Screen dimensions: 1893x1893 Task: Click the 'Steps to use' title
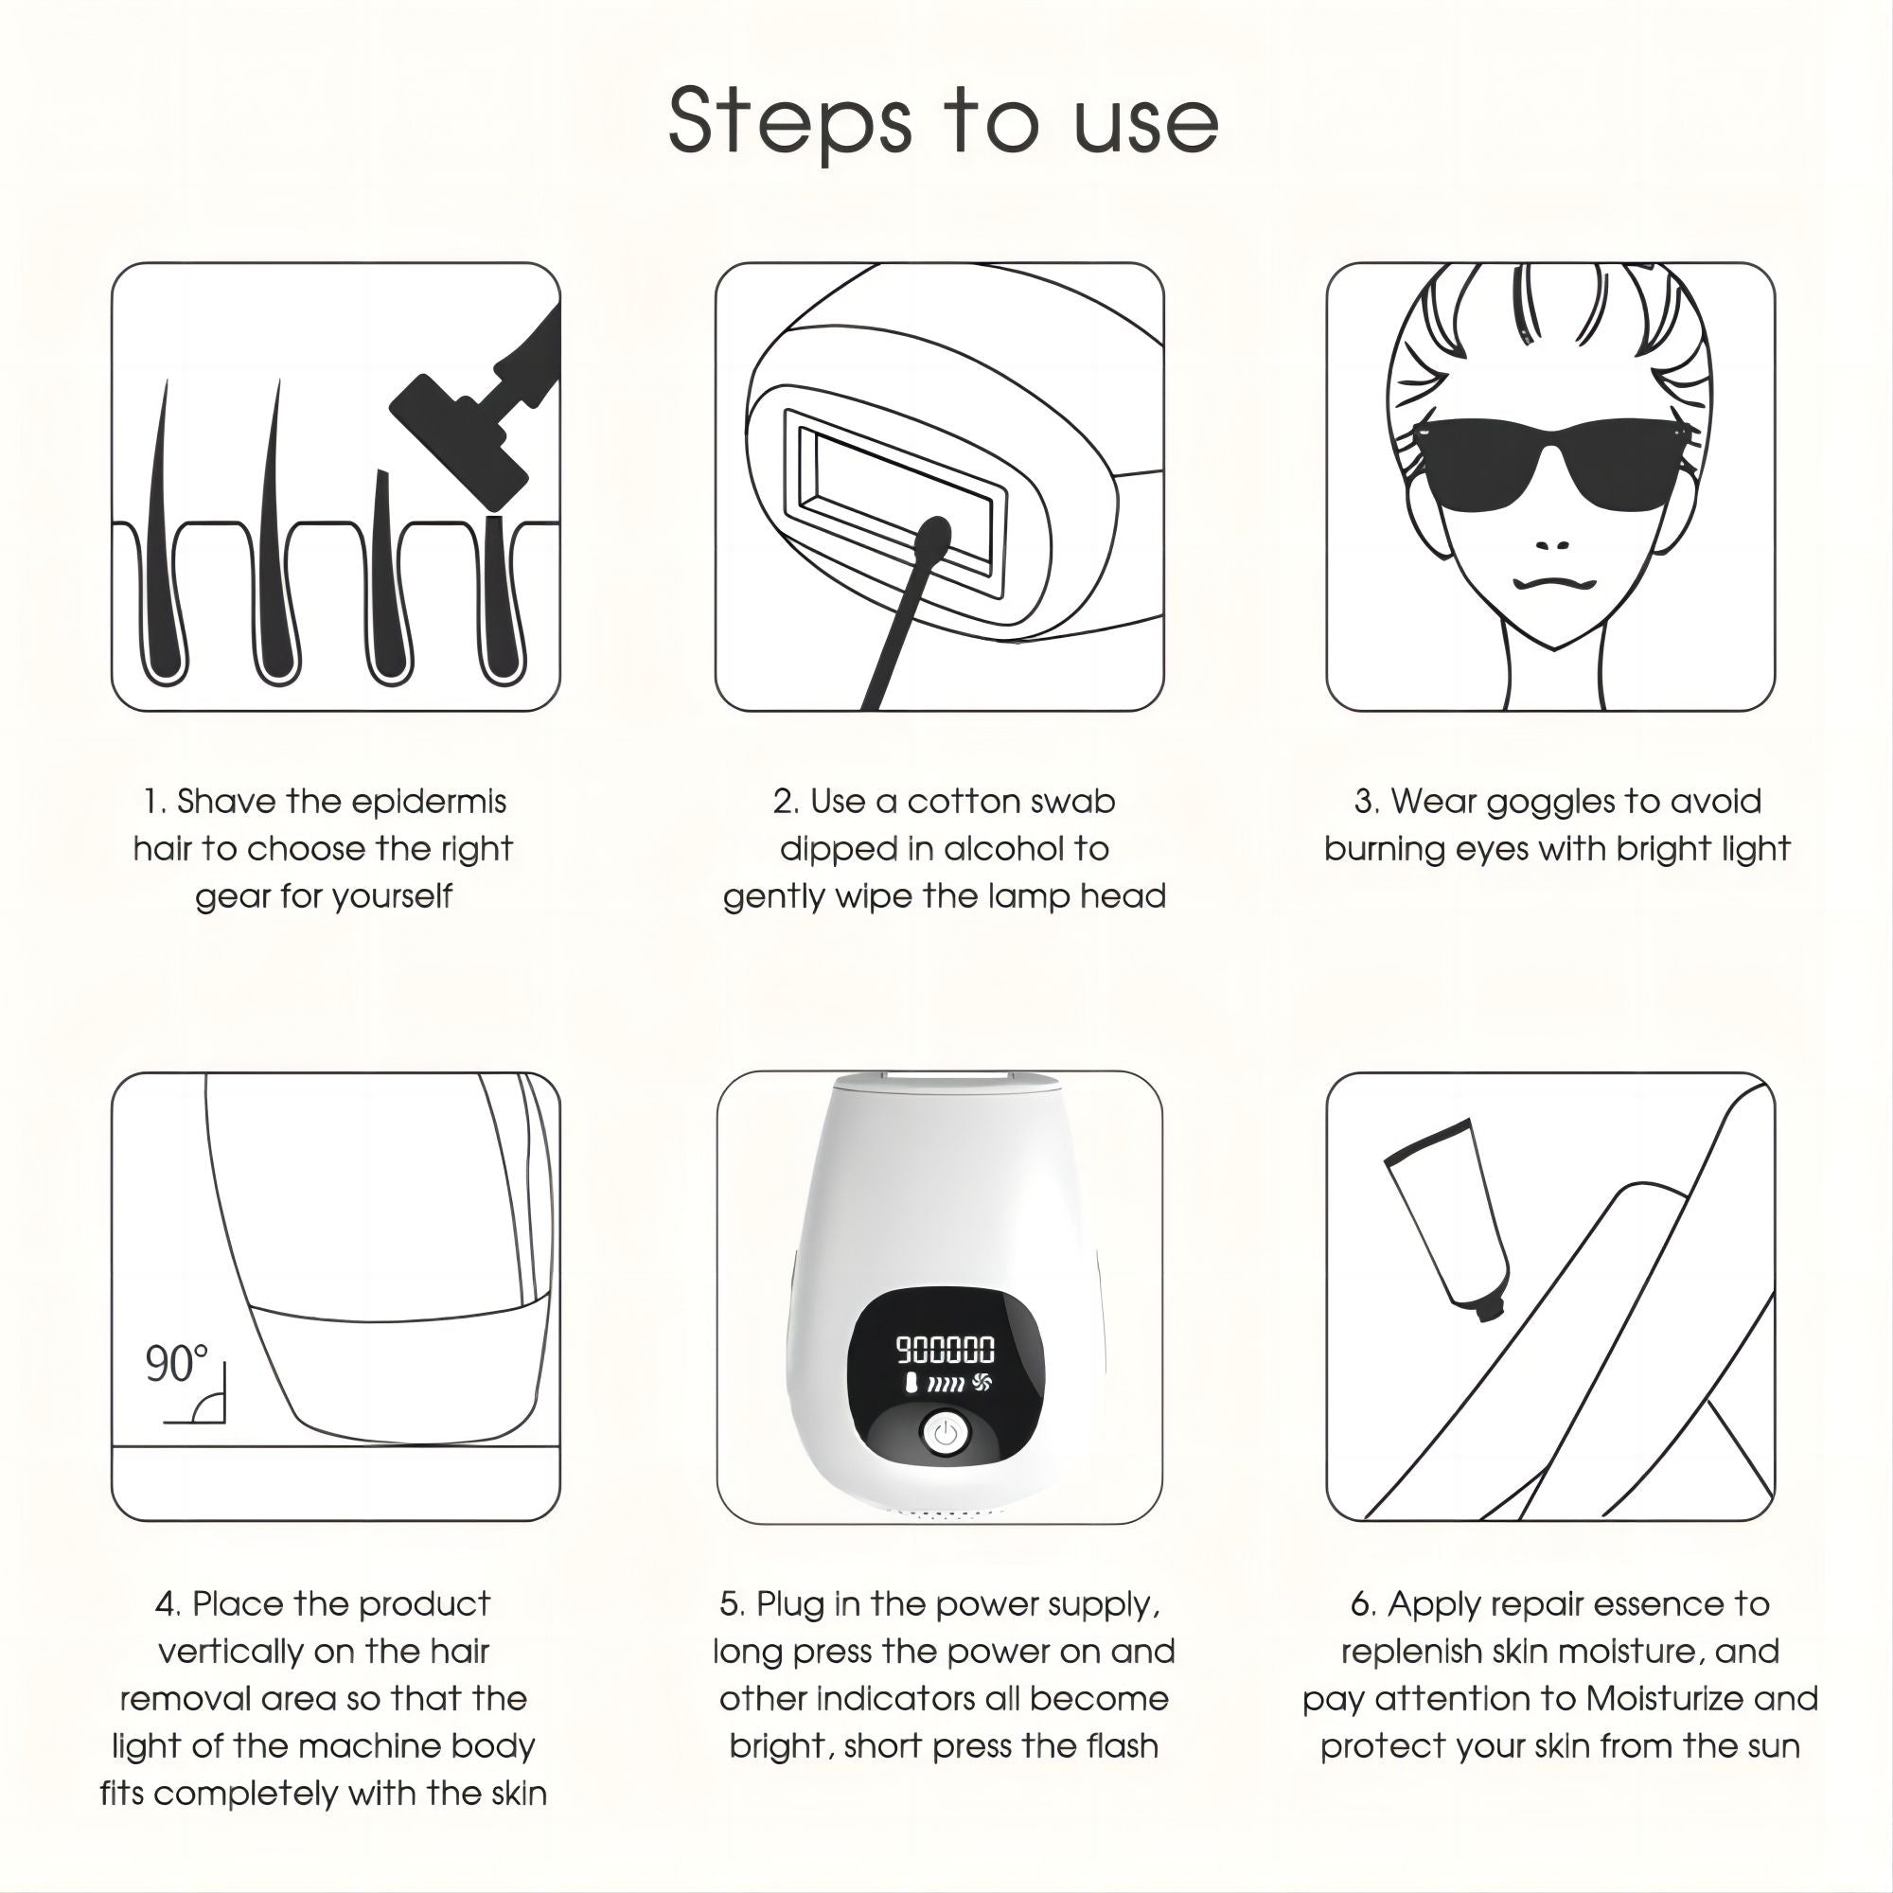coord(944,121)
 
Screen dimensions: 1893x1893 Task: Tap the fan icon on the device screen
coord(983,1383)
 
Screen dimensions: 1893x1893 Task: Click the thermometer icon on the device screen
coord(911,1384)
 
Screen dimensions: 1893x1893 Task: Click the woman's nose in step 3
coord(1552,545)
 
